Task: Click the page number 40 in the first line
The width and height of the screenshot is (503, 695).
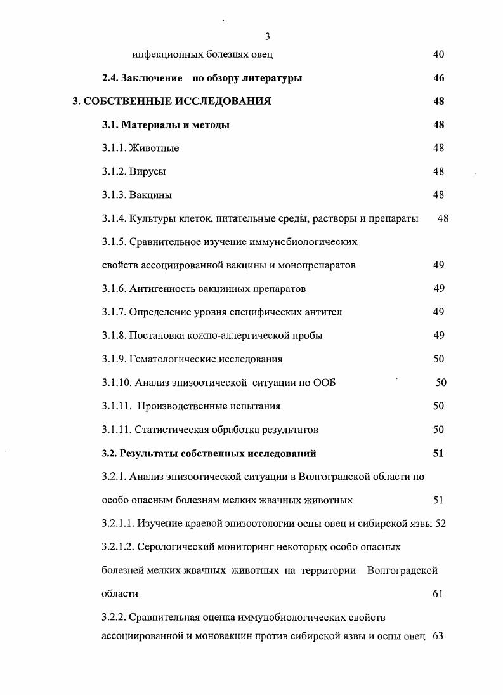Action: (438, 55)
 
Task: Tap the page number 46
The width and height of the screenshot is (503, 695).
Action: (438, 78)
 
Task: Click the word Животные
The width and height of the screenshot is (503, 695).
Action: (154, 149)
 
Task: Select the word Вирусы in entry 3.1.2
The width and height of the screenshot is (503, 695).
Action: (148, 172)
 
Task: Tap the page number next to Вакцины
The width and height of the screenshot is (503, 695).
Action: (438, 195)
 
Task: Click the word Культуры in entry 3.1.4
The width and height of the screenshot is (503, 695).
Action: (151, 219)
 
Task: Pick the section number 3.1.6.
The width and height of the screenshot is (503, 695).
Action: (114, 289)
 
